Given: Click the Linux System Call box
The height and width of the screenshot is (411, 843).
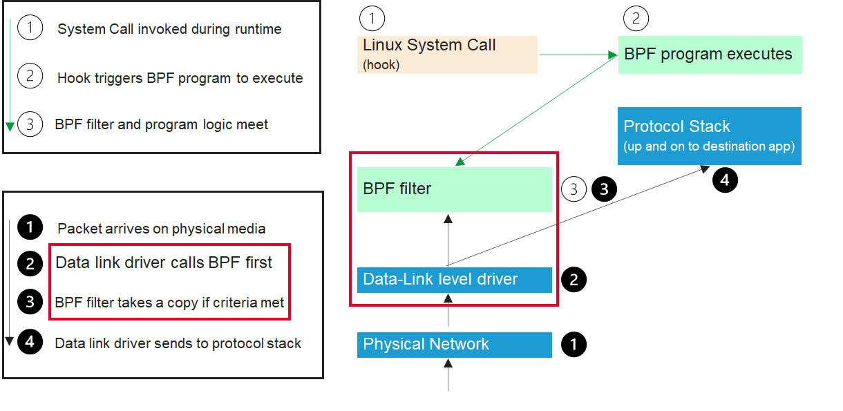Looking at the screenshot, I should coord(447,55).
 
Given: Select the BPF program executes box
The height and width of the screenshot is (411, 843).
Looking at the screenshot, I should coord(710,55).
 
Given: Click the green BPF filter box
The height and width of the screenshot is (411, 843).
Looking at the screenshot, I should coord(454,189).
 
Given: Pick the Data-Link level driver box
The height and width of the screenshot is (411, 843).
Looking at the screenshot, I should coord(454,280).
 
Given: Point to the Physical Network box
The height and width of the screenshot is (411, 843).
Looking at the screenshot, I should coord(454,345).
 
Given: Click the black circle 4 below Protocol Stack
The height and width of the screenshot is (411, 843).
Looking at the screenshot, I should coord(725,181).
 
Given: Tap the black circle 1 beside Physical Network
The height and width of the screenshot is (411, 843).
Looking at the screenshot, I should coord(574,345).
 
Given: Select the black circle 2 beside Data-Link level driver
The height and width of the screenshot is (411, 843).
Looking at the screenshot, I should coord(574,280).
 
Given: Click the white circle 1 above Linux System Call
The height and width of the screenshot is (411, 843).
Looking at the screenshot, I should coord(373,19).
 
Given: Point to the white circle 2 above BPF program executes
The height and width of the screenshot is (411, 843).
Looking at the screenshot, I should coord(636,19).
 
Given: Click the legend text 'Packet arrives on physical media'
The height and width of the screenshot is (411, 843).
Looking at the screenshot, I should coord(161,229).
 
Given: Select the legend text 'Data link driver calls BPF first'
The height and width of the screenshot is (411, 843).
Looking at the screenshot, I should coord(164,262).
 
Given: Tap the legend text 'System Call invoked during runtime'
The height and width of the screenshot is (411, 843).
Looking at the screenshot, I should coord(169,29).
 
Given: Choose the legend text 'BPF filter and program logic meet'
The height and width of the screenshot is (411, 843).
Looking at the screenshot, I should coord(161,125).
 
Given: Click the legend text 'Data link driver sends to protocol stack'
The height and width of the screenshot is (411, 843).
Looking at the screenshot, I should coord(178,343).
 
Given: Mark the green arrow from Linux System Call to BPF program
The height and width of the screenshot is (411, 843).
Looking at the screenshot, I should coord(578,55).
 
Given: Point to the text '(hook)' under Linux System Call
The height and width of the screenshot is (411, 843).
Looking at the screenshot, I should coord(381,66).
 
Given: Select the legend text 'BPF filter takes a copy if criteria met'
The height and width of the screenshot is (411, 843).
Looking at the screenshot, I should coord(169,303).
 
